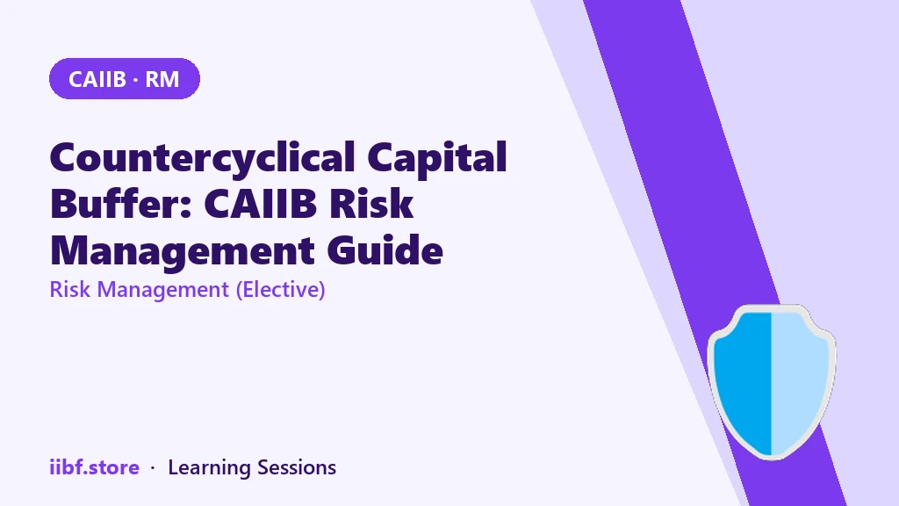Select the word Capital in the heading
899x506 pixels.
[x=437, y=156]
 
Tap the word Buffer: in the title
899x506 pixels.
[x=121, y=203]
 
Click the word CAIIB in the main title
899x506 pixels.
[x=260, y=204]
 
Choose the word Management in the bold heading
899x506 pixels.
[x=183, y=251]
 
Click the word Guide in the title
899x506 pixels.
[x=385, y=250]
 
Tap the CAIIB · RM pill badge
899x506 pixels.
[x=125, y=78]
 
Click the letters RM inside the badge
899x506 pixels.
[x=162, y=79]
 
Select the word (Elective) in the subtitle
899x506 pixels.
[x=281, y=290]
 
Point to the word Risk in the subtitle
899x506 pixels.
[x=70, y=289]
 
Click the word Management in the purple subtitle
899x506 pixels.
[x=162, y=290]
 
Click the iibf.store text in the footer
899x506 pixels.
[x=95, y=467]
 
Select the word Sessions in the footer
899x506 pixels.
[x=297, y=467]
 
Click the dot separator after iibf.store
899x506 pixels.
[x=153, y=468]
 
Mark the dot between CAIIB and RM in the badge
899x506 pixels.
[x=136, y=80]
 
